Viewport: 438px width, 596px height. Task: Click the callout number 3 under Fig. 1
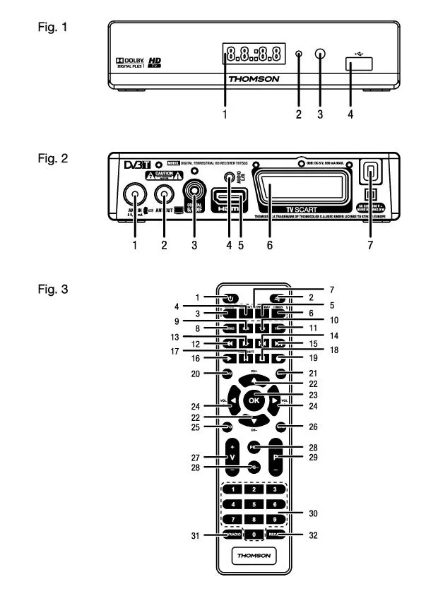321,112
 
